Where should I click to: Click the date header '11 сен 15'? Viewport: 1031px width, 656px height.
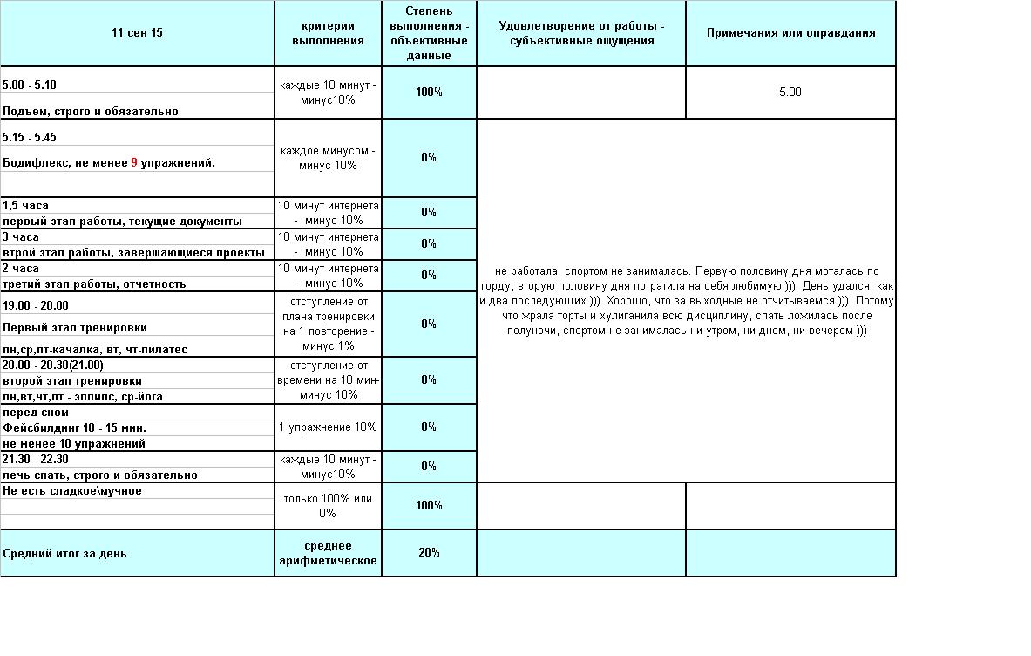point(137,33)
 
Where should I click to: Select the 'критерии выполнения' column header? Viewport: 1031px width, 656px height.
point(328,33)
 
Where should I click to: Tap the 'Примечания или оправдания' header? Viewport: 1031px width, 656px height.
point(790,33)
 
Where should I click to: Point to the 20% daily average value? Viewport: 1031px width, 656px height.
point(429,552)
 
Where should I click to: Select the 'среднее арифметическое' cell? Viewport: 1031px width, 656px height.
point(328,553)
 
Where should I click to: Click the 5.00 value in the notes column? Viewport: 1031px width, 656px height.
point(790,92)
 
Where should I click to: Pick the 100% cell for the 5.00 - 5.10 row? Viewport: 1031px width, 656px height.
point(429,92)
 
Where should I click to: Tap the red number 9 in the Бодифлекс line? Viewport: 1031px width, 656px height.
point(135,163)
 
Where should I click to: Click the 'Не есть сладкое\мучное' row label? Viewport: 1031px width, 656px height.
point(72,491)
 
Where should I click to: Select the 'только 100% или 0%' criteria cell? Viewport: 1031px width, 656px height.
point(328,506)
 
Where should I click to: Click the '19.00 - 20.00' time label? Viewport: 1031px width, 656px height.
point(36,305)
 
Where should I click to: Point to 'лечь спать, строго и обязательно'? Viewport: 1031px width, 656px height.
point(100,475)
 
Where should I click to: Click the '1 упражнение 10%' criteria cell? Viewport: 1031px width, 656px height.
point(328,427)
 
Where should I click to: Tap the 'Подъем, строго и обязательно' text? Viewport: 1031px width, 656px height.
point(91,112)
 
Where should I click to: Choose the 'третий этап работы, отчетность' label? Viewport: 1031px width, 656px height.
point(94,284)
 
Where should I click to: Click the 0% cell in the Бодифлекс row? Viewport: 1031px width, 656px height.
point(429,157)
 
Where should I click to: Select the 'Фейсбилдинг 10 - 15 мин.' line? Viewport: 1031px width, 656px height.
point(74,428)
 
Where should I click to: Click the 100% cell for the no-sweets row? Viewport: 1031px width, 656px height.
point(429,505)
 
